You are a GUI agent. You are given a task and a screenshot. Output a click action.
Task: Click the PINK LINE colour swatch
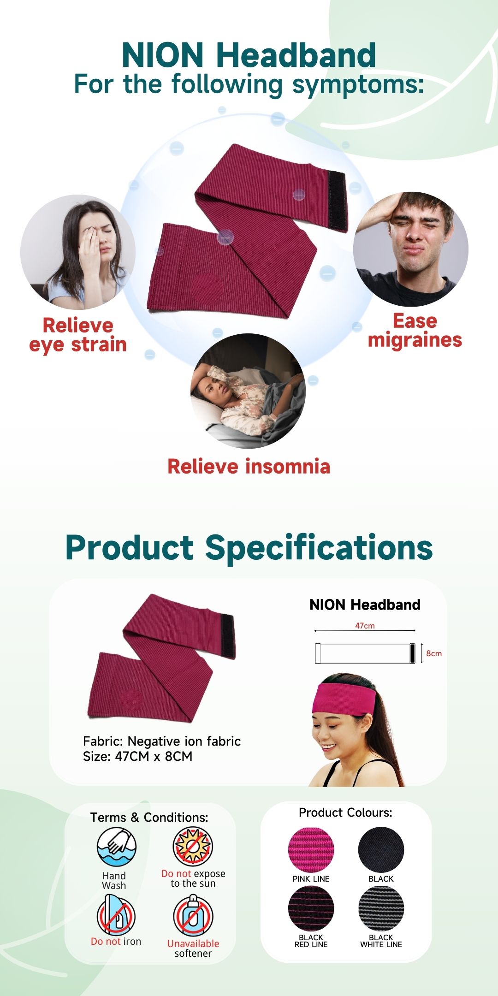311,850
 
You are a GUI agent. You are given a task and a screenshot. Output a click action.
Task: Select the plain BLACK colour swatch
381,850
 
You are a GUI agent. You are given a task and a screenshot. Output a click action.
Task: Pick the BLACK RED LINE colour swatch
311,909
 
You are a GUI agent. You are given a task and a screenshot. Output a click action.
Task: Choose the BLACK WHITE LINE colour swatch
381,909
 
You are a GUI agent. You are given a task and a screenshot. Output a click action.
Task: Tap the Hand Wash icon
117,847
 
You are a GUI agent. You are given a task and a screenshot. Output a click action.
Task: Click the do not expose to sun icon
192,847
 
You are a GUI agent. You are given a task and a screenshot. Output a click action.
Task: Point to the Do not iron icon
116,915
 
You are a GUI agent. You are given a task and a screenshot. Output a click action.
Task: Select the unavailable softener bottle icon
193,915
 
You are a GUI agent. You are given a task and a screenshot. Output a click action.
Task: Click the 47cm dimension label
365,626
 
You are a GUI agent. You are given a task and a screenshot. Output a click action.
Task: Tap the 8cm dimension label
434,653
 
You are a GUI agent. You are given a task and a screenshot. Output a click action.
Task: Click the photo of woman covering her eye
78,252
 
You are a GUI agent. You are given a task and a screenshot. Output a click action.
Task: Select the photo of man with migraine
411,249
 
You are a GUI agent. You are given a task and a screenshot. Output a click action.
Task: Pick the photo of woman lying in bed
248,391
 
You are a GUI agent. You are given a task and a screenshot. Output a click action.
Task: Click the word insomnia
288,466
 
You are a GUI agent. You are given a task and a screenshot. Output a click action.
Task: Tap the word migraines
415,341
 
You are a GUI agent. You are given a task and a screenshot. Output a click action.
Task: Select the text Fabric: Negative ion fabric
162,741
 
